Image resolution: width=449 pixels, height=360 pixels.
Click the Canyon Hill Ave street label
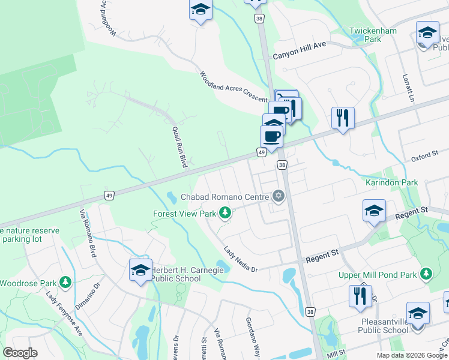(x=299, y=55)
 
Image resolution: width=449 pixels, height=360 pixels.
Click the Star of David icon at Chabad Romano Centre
(x=278, y=196)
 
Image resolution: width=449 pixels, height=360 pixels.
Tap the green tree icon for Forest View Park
(x=225, y=212)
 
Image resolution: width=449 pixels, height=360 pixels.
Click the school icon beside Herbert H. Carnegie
(x=140, y=271)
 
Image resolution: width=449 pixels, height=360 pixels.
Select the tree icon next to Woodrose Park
(x=65, y=282)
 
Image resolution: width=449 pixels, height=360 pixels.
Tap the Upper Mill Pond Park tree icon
(x=426, y=274)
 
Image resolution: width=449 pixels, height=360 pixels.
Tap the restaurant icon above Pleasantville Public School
(x=360, y=296)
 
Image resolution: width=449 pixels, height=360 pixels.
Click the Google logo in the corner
(x=20, y=353)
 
